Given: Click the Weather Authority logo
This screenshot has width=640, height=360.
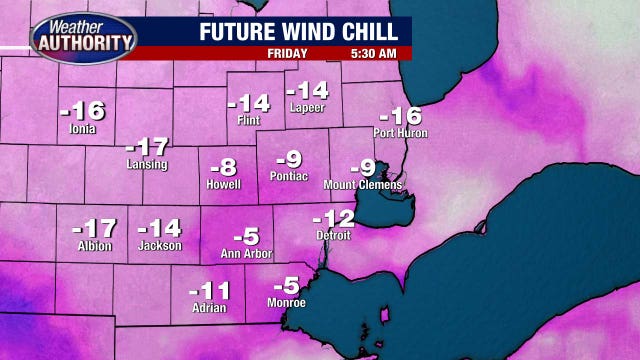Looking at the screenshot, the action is (x=84, y=37).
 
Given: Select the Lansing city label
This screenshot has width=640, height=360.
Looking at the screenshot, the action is (x=147, y=164).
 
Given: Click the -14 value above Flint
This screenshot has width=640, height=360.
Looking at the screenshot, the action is (x=248, y=103).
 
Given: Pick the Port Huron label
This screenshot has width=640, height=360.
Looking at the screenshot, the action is (x=400, y=133).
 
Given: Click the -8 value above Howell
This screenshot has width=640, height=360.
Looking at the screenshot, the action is (x=224, y=167).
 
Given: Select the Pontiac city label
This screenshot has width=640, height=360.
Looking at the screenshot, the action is (x=289, y=176).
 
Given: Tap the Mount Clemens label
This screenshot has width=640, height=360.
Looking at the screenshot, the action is (x=363, y=185).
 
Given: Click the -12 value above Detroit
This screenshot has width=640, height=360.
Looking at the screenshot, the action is (x=334, y=218).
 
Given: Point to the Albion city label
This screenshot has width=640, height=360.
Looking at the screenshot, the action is (x=94, y=246).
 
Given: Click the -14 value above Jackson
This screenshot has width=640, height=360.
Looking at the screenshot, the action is (x=159, y=228).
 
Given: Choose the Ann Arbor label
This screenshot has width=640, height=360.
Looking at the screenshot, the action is (x=246, y=254).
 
